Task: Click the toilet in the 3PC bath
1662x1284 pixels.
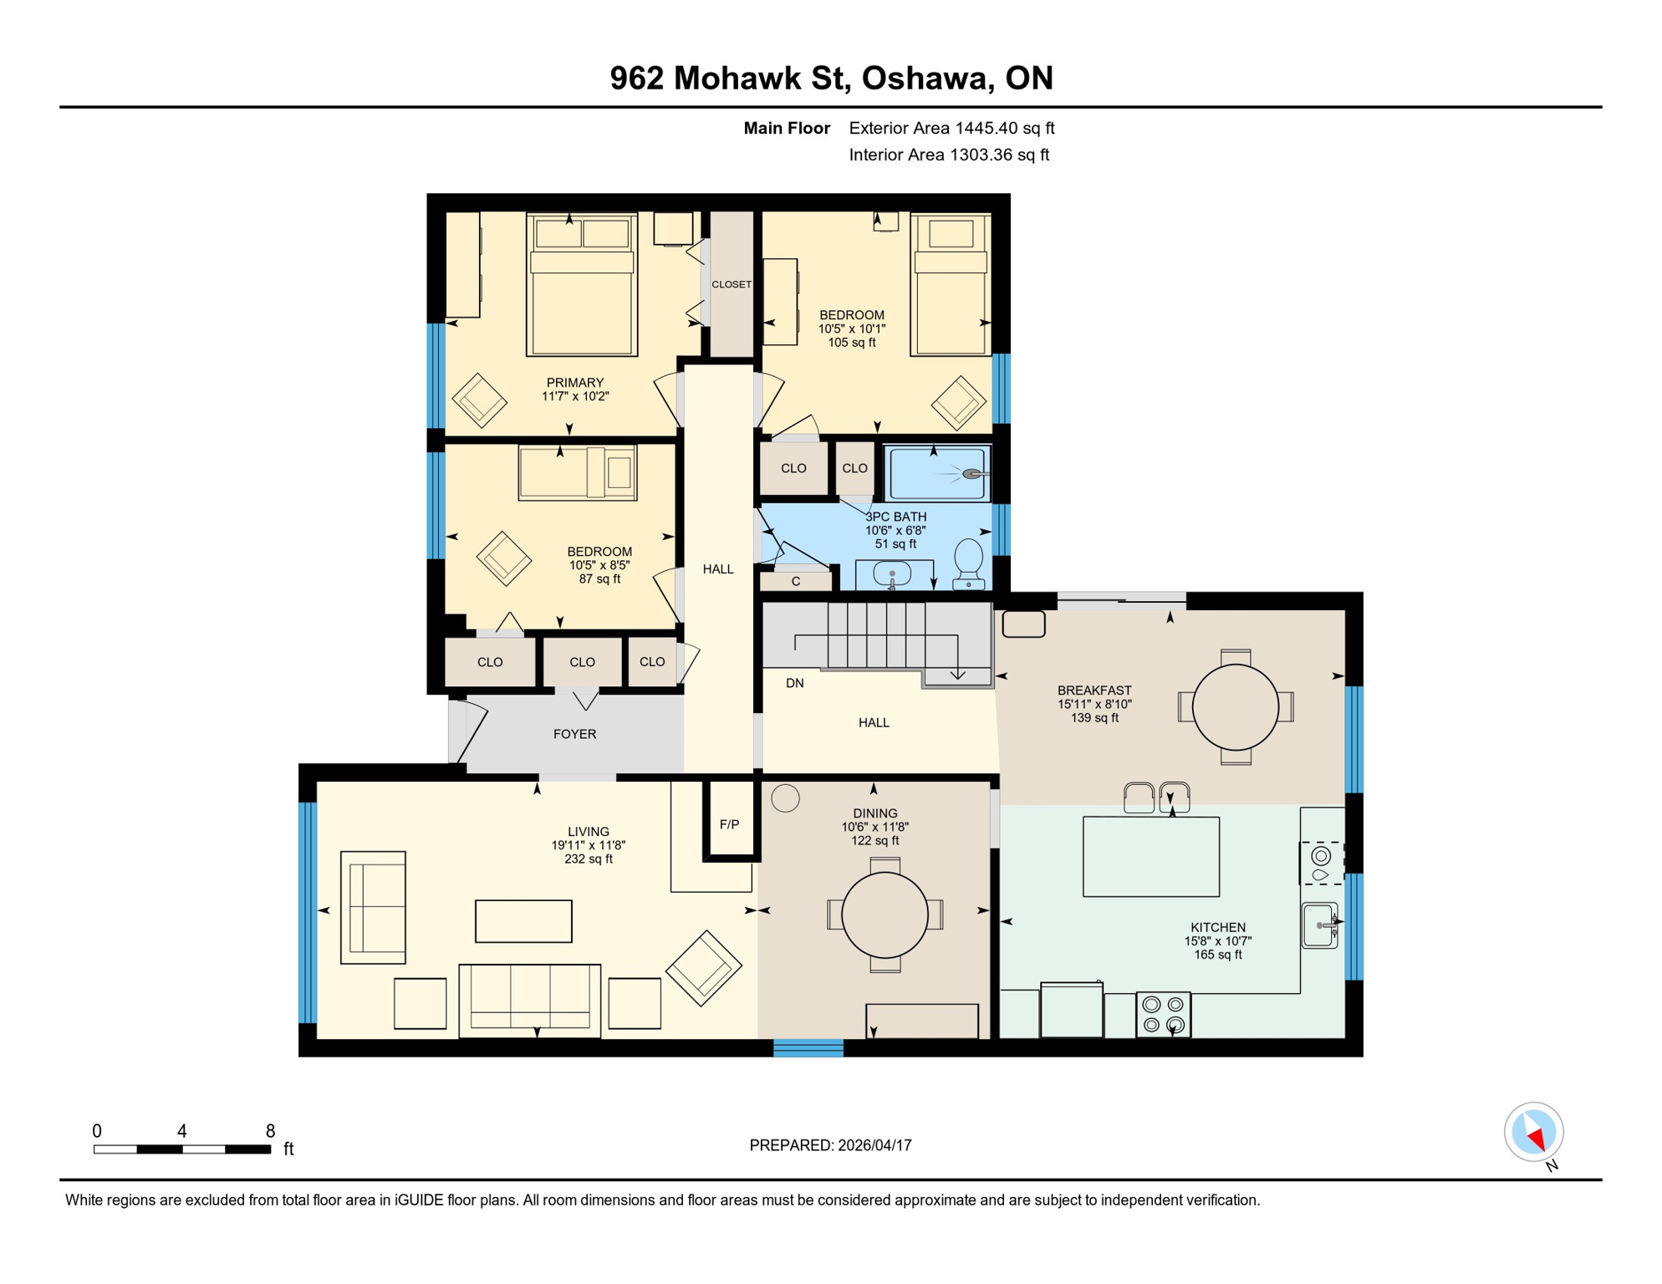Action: click(969, 563)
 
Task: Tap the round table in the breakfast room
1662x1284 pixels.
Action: click(1235, 707)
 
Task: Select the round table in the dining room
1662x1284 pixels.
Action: click(885, 915)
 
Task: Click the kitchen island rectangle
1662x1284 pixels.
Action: click(1150, 857)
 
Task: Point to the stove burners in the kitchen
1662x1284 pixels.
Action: click(1163, 1015)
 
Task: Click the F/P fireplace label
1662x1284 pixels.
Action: click(729, 824)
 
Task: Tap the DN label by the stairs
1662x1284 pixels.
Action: click(794, 683)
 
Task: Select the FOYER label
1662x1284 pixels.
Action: click(574, 734)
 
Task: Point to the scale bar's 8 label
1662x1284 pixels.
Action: click(270, 1131)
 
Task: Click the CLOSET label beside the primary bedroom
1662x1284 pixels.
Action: click(732, 284)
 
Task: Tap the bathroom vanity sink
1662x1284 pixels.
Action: click(892, 573)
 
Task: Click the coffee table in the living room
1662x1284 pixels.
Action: click(523, 921)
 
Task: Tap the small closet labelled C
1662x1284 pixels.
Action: click(795, 581)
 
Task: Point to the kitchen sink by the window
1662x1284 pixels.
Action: click(1320, 925)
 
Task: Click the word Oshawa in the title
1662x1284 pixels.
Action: click(924, 78)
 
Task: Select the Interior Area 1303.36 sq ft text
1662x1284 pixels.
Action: click(948, 155)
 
